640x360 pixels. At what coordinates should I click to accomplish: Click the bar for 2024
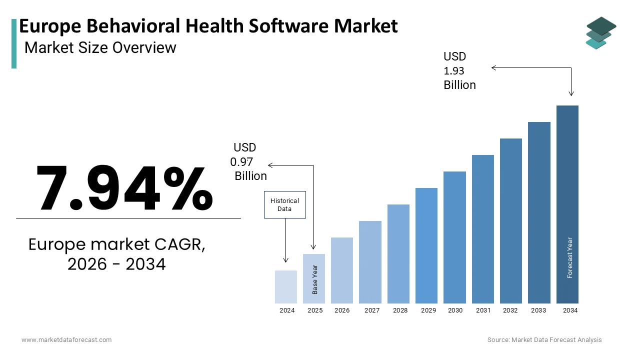coord(286,287)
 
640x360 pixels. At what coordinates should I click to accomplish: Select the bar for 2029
coord(426,245)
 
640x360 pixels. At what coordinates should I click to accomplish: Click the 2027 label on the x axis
coord(372,310)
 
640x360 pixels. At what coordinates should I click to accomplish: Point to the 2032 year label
coord(510,310)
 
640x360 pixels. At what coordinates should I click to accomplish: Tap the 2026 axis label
coord(342,310)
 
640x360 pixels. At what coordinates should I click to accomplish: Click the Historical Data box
coord(284,204)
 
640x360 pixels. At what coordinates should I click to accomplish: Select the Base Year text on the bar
coord(315,279)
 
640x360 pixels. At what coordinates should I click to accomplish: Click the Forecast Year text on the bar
coord(569,257)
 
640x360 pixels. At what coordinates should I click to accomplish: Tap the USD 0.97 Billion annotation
coord(249,162)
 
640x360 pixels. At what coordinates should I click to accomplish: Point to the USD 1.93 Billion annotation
coord(459,71)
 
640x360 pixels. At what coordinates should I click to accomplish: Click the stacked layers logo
coord(600,33)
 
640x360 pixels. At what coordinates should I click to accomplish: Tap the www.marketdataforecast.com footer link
coord(66,340)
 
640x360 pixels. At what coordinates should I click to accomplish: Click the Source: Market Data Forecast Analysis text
coord(544,340)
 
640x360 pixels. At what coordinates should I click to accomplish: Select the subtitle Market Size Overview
coord(100,47)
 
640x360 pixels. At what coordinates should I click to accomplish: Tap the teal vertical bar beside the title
coord(14,43)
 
